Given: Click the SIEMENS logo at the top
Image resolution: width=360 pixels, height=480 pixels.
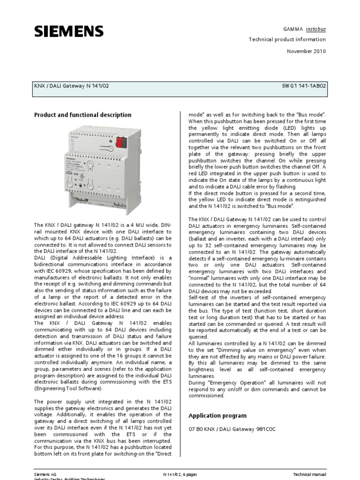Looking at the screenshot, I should coord(68,31).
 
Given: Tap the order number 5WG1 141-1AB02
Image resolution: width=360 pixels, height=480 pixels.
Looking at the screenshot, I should coord(304,86).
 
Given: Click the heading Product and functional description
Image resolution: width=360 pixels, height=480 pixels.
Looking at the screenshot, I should coord(82,115).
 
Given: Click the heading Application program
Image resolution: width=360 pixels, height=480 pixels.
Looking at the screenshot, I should coord(217,416).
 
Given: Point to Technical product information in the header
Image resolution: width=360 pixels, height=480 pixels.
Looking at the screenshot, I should coord(287,40).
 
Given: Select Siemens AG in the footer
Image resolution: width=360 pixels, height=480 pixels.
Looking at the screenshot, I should coord(45,474).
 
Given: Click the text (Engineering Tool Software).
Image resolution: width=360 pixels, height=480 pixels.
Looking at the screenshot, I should coord(67,389).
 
